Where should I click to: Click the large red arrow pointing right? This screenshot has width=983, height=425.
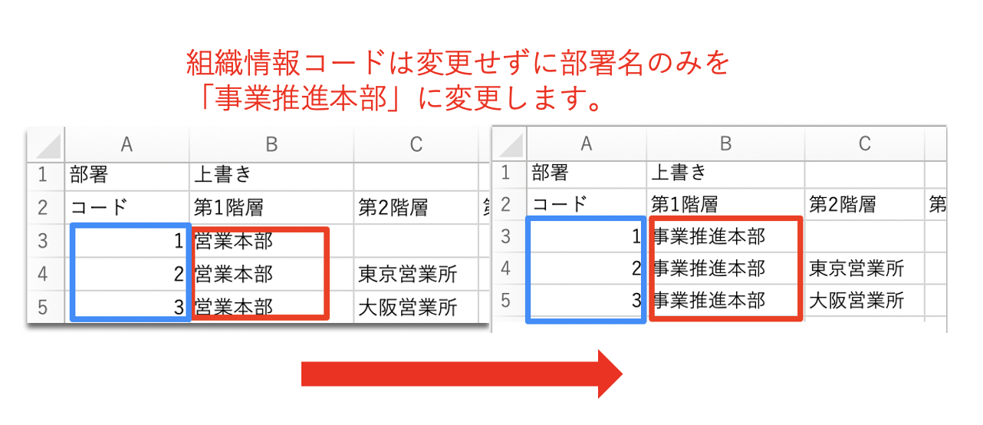(x=460, y=374)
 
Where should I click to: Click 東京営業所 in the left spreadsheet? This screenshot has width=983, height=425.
(x=407, y=274)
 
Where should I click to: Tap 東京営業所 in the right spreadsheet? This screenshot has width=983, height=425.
(x=856, y=269)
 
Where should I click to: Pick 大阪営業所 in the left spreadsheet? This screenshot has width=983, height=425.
(x=407, y=308)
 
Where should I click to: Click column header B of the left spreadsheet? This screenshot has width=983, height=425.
(x=271, y=143)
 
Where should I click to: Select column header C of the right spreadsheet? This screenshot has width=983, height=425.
(x=864, y=143)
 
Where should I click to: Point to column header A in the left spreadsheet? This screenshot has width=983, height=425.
(x=127, y=143)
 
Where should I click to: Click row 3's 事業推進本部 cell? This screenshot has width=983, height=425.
(x=708, y=236)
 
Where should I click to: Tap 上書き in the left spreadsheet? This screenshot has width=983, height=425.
(x=222, y=175)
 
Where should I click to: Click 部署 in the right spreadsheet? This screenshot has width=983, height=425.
(x=551, y=172)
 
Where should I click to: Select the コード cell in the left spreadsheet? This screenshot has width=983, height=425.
(x=99, y=207)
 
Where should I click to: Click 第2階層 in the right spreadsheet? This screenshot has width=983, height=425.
(x=841, y=204)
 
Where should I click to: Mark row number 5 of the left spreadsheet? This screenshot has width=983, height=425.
(x=43, y=308)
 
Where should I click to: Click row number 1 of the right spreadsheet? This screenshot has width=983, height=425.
(x=505, y=172)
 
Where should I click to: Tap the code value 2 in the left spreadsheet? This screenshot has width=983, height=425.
(x=178, y=274)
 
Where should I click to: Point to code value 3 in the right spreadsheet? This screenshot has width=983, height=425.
(x=636, y=300)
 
